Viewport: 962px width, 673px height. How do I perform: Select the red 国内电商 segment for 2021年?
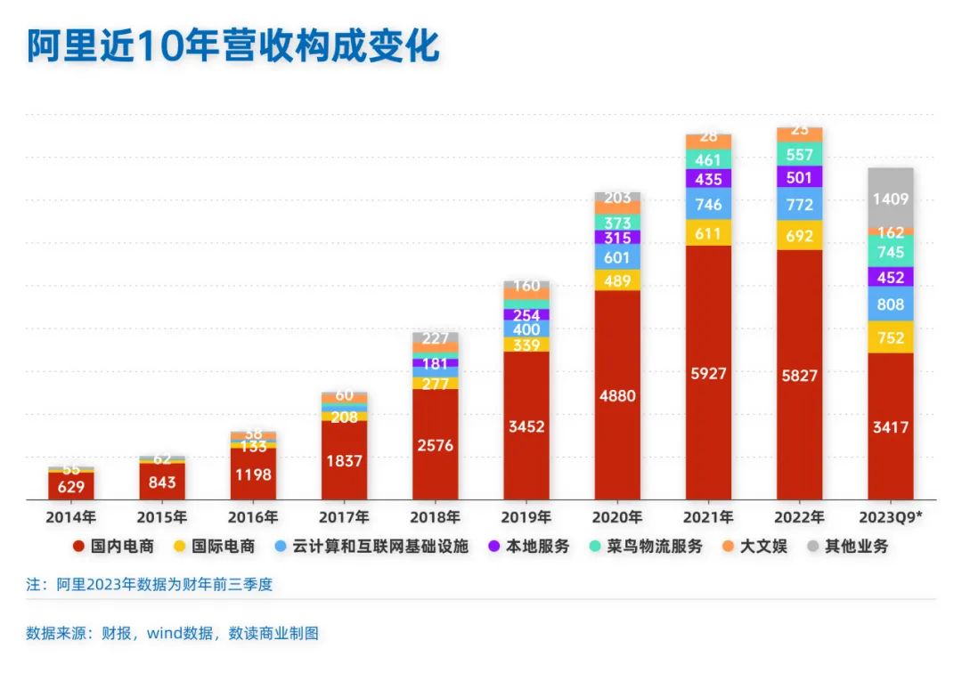[708, 373]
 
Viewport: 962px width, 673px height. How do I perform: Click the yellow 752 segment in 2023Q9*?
[891, 337]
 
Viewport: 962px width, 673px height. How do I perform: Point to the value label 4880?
[617, 395]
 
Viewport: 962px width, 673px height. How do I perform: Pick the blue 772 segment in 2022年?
[799, 205]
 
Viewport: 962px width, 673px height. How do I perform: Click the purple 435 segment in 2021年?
[708, 178]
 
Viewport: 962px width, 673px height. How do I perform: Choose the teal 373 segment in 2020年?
[617, 223]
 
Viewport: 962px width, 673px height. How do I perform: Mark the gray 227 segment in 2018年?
[436, 337]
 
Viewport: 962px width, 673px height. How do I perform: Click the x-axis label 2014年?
[71, 517]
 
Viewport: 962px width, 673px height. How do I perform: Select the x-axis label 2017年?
[344, 517]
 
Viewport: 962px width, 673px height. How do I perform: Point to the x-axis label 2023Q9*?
[891, 517]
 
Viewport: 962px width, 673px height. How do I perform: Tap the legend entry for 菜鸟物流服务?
[660, 546]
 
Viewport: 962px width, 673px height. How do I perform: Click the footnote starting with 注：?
[149, 585]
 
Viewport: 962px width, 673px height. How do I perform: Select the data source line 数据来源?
[172, 634]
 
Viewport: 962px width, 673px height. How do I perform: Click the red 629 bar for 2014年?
[71, 486]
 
